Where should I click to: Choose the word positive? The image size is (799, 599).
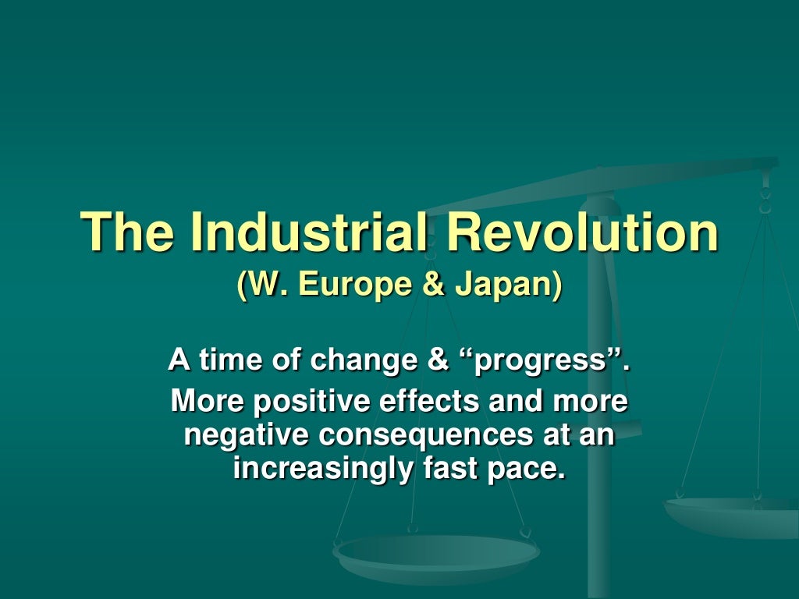[319, 402]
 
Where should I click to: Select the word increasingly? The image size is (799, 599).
[318, 470]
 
